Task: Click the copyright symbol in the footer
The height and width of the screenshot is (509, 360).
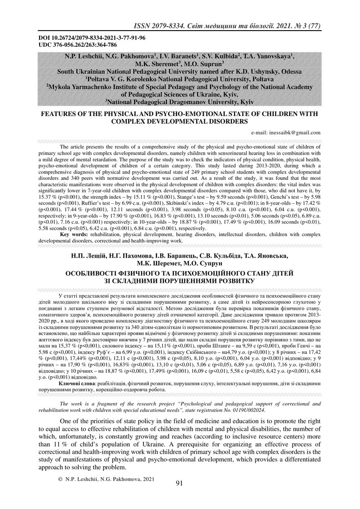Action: coord(60,480)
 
